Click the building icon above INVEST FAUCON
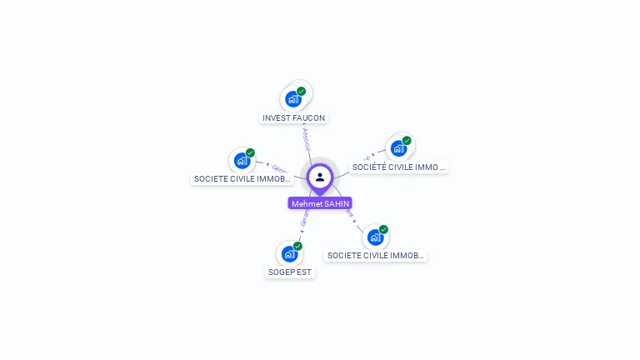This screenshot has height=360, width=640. [x=292, y=99]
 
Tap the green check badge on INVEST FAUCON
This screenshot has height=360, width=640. [x=301, y=91]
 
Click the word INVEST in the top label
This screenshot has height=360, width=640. [x=276, y=118]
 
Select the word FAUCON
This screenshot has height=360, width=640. [x=308, y=118]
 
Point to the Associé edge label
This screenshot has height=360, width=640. [x=306, y=138]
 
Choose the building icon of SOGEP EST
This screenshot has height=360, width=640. [x=289, y=254]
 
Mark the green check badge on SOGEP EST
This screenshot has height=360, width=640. [x=297, y=246]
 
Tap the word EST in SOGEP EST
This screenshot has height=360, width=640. [x=304, y=272]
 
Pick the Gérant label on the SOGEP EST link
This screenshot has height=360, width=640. [x=303, y=218]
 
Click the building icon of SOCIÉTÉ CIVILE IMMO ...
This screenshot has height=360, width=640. [x=398, y=148]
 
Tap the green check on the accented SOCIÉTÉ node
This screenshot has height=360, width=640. [x=407, y=141]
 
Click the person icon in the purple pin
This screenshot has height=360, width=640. [x=320, y=177]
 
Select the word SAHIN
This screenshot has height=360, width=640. [x=337, y=203]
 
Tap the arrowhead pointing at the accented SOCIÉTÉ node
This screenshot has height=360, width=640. [x=373, y=154]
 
